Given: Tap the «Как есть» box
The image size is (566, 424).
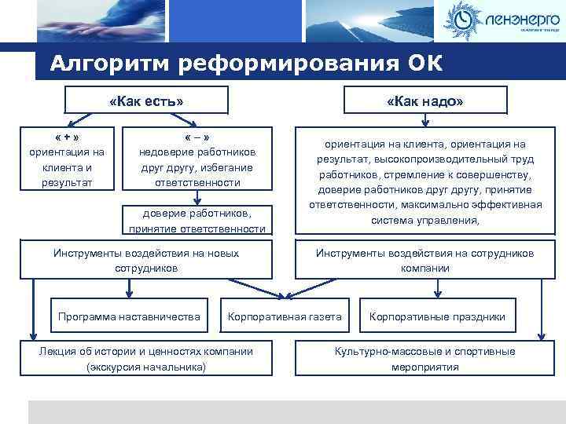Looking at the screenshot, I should (146, 101).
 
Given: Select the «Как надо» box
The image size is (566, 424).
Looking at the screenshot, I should (425, 101).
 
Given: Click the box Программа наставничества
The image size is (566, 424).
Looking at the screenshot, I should (130, 317).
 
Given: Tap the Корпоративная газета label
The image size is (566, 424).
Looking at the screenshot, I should (284, 317).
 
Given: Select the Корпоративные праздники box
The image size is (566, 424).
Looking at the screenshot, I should (437, 317).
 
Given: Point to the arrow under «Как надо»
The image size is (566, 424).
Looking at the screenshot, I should (425, 121).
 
